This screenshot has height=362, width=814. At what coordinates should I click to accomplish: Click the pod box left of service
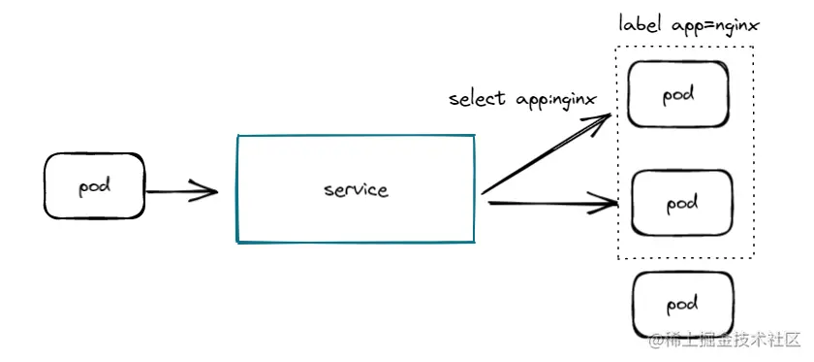pyautogui.click(x=94, y=187)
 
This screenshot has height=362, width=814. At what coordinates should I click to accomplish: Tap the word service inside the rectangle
pyautogui.click(x=356, y=189)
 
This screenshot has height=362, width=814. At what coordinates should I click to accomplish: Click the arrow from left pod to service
pyautogui.click(x=179, y=190)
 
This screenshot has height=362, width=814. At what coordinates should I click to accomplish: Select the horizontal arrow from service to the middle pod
pyautogui.click(x=548, y=204)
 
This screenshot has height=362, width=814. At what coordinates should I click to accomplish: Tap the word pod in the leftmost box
pyautogui.click(x=93, y=186)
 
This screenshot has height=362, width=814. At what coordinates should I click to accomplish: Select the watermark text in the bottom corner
pyautogui.click(x=725, y=341)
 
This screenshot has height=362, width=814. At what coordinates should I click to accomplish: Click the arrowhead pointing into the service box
pyautogui.click(x=208, y=190)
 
